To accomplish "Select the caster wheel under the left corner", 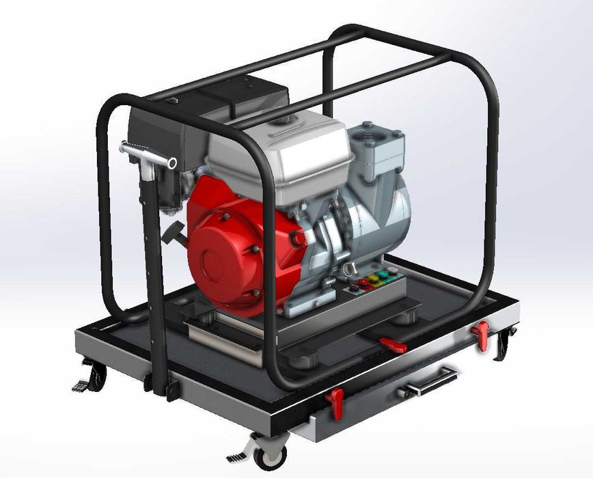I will point(98,378).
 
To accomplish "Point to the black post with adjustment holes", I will point(150,273).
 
